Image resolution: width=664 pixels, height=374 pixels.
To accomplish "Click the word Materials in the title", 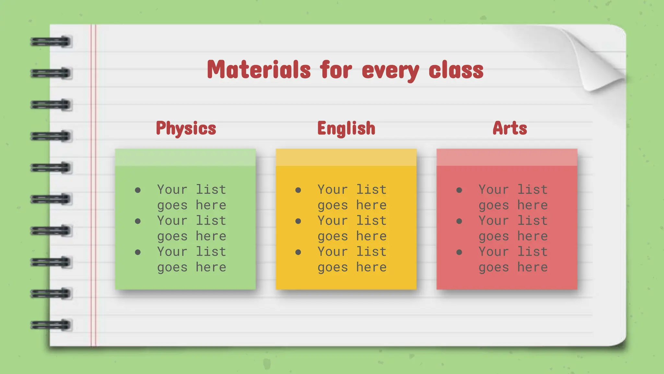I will coord(259,69).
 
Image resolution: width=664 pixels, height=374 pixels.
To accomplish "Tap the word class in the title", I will coord(456,69).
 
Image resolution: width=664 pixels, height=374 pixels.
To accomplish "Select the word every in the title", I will coord(390,71).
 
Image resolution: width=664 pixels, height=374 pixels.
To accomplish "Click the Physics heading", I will coord(186,128).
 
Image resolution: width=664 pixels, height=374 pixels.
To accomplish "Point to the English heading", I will coord(346,128).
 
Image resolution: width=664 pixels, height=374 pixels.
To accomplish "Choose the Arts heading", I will coord(510,128).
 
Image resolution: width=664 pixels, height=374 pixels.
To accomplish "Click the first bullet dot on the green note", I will coord(138,190).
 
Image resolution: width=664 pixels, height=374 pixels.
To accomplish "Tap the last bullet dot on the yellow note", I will coord(298,252).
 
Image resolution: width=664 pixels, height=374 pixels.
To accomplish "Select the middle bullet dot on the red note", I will coord(459,221).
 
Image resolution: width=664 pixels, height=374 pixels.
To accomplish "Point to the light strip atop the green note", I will coord(185,157).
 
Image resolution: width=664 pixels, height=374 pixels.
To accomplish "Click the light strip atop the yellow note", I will coord(346,157).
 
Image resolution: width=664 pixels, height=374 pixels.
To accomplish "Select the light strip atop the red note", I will coord(507,157).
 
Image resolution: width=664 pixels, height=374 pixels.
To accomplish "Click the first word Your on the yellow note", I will coord(333,190).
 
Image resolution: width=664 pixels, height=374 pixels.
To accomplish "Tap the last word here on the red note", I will coord(532,267).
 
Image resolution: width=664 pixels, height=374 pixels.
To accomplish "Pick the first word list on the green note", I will coord(211,190).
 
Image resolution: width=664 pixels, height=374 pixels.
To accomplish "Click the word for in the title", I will coord(336,69).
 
